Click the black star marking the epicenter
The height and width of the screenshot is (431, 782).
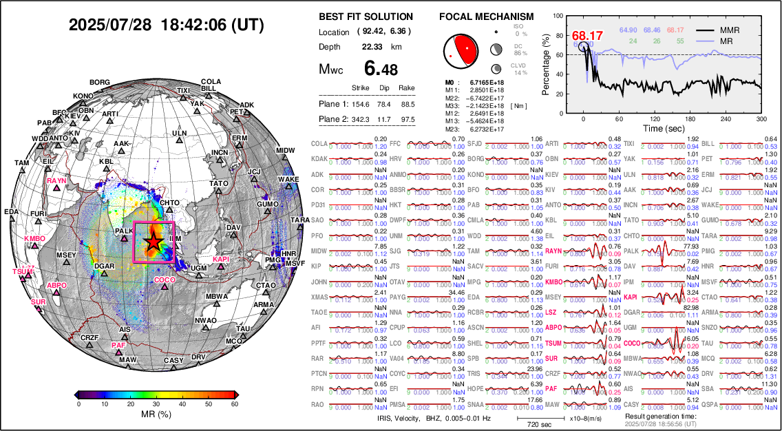pos(153,242)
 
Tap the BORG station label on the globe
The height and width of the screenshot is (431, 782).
pos(100,83)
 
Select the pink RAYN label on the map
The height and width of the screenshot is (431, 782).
pos(56,181)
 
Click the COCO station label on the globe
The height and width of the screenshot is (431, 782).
pos(165,280)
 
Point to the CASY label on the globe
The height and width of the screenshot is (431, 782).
pos(173,361)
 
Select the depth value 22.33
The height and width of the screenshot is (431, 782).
pos(372,47)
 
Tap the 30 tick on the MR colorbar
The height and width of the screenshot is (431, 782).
pos(157,404)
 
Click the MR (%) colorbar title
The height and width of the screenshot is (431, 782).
pos(157,416)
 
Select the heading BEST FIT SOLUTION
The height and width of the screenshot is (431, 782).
pos(366,17)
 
